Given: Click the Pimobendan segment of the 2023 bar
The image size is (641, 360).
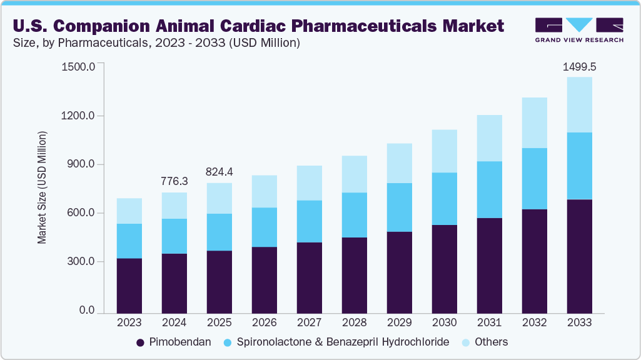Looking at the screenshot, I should coord(129,285).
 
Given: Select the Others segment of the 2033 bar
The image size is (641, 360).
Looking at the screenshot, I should coord(579,105).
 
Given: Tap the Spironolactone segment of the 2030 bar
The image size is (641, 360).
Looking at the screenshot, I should coord(444,199).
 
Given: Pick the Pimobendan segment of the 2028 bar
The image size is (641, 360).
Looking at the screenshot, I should coord(354,275).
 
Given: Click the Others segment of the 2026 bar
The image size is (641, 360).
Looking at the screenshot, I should coord(264,191).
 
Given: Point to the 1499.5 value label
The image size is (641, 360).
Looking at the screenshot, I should coord(579,67).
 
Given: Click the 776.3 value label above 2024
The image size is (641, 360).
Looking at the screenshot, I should coord(174,181).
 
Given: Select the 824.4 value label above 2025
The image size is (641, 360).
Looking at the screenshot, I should coord(219,172).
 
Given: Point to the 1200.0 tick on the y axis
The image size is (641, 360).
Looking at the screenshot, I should coord(79,116).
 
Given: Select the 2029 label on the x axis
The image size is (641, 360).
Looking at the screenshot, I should coord(399,322).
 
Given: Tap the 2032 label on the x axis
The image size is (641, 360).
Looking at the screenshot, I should coord(534,322).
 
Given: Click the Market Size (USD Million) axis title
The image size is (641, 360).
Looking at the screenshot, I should coord(42,187).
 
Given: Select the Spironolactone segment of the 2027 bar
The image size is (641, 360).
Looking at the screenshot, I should coord(309,221).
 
